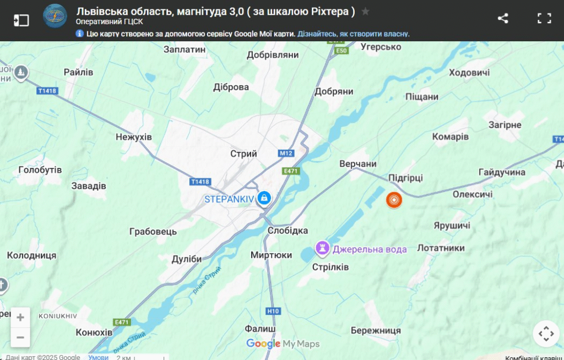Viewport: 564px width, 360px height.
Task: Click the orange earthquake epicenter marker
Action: [394, 200]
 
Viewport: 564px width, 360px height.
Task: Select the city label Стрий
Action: [243, 154]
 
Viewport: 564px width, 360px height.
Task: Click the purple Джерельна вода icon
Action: [322, 248]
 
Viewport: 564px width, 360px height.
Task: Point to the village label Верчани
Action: [358, 164]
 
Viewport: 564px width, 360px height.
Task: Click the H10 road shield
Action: [273, 311]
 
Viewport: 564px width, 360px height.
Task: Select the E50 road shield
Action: [342, 51]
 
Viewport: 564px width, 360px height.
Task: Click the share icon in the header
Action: [503, 18]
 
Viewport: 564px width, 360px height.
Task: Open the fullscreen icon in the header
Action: [544, 18]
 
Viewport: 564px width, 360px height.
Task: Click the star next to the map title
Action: [366, 12]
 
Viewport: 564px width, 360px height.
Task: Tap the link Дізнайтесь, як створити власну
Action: [354, 34]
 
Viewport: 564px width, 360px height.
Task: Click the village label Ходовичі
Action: [469, 73]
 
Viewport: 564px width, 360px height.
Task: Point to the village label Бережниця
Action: [376, 330]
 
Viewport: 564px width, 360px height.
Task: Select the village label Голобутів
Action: [40, 170]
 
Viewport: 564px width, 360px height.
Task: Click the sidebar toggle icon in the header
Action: [21, 20]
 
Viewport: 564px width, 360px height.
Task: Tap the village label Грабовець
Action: [153, 231]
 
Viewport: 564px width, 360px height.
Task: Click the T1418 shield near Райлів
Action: [48, 91]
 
